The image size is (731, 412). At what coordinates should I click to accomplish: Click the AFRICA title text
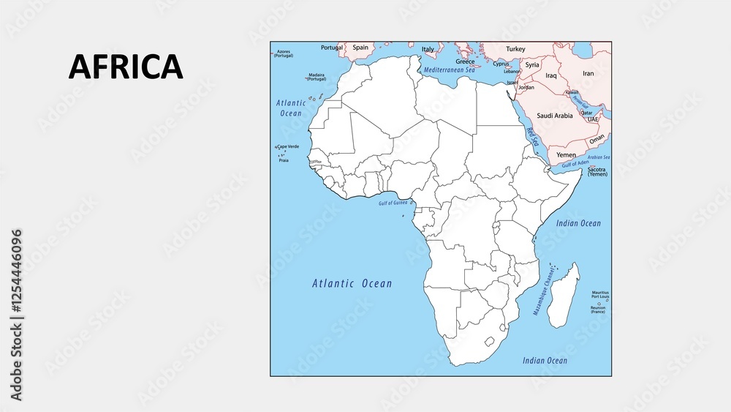pyautogui.click(x=125, y=67)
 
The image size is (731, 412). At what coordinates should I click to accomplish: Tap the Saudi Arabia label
pyautogui.click(x=554, y=116)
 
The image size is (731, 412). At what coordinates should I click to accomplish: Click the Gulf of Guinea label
pyautogui.click(x=393, y=203)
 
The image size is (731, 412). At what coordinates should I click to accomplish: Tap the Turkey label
pyautogui.click(x=515, y=49)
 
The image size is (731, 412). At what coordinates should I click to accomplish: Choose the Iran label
pyautogui.click(x=588, y=73)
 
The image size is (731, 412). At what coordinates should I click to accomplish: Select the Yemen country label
pyautogui.click(x=566, y=155)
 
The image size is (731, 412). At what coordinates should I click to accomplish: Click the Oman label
pyautogui.click(x=597, y=138)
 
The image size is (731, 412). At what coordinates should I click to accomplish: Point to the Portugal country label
pyautogui.click(x=332, y=48)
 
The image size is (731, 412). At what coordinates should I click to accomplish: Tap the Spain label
pyautogui.click(x=360, y=48)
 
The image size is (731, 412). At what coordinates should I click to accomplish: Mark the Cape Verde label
pyautogui.click(x=287, y=146)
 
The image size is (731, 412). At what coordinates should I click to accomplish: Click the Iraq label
pyautogui.click(x=551, y=75)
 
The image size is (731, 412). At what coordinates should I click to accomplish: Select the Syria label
pyautogui.click(x=532, y=65)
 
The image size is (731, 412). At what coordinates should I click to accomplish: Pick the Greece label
pyautogui.click(x=465, y=61)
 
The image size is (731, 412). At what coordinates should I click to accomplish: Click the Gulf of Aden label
pyautogui.click(x=572, y=163)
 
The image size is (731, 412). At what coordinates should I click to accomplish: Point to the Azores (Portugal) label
pyautogui.click(x=283, y=53)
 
